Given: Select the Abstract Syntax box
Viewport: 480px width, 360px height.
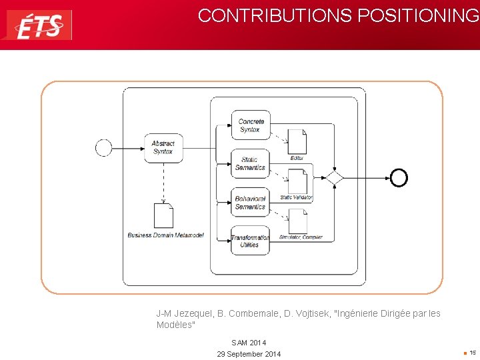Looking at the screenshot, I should [x=163, y=148].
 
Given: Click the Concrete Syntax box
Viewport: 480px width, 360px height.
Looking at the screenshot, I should [x=251, y=125].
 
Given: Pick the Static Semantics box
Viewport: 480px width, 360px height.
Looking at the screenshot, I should [x=250, y=163].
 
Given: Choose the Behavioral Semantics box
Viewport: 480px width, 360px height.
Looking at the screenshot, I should [x=250, y=203].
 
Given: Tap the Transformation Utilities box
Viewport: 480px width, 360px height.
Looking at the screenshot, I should [x=250, y=241].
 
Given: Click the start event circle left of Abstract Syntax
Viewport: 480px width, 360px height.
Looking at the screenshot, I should [x=103, y=147].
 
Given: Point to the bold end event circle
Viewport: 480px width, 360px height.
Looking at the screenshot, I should [x=399, y=177].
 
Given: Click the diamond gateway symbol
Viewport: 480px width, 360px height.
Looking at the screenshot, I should [x=333, y=177].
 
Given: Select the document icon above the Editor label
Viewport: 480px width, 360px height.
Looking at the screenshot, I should [x=297, y=141].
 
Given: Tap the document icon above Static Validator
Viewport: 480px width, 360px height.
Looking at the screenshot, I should [x=297, y=181].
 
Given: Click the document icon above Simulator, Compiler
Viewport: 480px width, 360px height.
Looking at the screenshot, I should [x=297, y=221].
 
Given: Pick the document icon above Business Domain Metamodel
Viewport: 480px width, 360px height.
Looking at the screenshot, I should [x=163, y=215].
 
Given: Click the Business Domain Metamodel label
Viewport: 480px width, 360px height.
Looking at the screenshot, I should [x=166, y=235].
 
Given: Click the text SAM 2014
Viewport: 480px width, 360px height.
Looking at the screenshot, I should [x=249, y=343].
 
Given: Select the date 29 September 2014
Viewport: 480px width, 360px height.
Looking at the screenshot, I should [x=249, y=354].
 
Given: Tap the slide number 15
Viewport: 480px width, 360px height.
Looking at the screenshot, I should [x=472, y=353].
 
